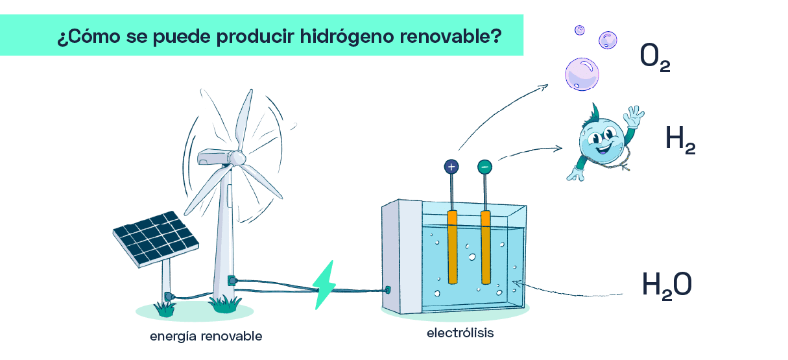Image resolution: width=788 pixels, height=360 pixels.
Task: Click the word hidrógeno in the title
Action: [347, 36]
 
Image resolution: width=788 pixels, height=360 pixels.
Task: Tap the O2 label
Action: [655, 57]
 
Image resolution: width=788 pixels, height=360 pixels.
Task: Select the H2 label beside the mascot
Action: [680, 139]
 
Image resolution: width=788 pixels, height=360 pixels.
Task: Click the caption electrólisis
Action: [460, 333]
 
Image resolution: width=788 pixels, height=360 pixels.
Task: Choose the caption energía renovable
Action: [206, 337]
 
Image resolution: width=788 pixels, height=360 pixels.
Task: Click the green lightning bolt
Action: [324, 285]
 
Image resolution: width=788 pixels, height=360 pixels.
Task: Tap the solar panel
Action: [156, 239]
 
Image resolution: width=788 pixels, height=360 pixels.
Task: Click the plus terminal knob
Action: [451, 167]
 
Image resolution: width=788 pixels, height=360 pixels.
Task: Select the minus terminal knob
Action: [484, 167]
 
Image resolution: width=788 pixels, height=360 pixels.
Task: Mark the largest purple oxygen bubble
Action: [582, 74]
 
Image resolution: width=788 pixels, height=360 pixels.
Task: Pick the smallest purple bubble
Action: [580, 30]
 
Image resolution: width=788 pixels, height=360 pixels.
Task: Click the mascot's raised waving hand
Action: [634, 115]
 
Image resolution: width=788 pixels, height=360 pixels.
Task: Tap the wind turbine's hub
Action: [237, 158]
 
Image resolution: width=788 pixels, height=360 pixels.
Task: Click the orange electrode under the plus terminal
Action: [453, 247]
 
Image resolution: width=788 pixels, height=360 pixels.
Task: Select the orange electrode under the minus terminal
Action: [486, 247]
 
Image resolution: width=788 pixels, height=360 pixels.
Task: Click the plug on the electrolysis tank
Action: [388, 291]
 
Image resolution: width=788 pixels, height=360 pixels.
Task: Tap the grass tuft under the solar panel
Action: [165, 309]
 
